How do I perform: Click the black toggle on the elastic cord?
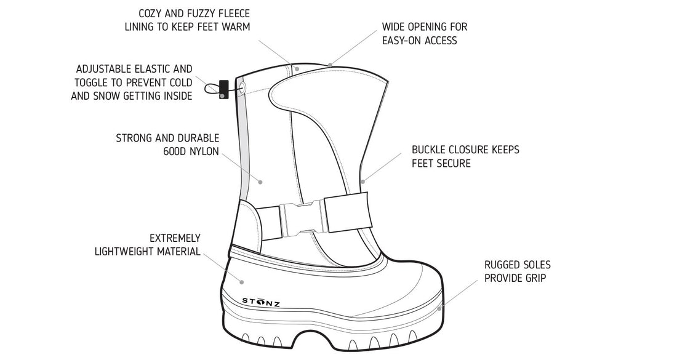(223, 89)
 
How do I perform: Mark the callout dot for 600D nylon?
(261, 182)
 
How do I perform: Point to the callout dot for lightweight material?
(241, 281)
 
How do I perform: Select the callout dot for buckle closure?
(364, 181)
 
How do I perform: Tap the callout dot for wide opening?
(330, 65)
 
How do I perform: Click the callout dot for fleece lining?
(297, 69)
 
